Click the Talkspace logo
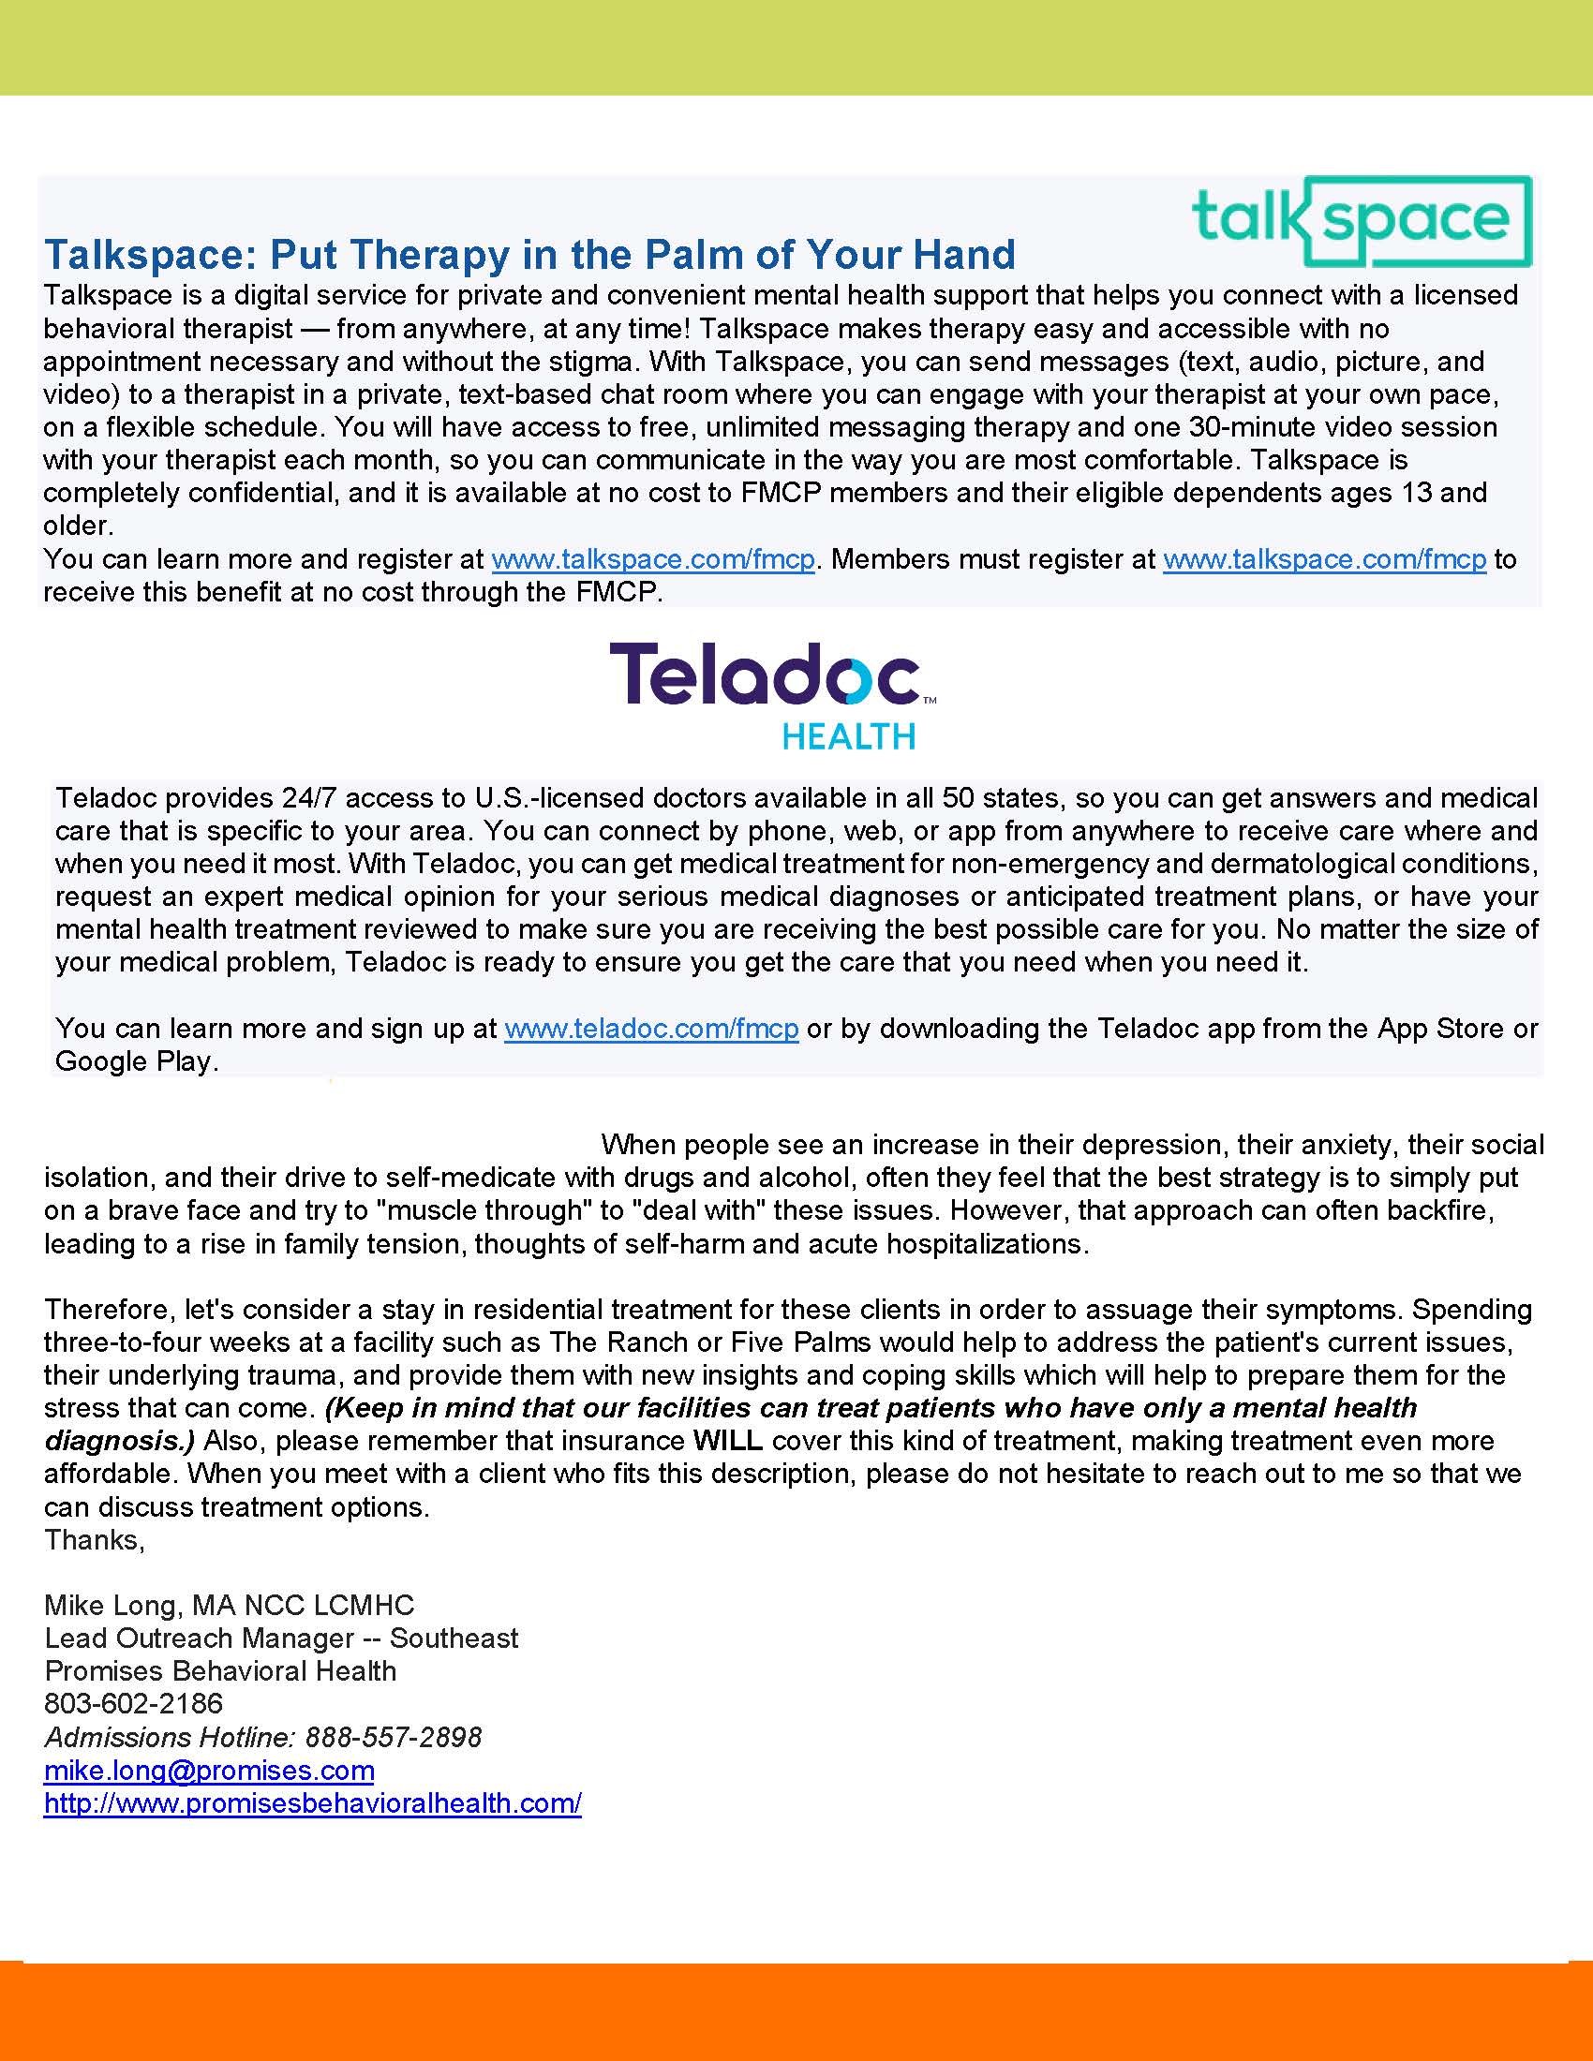(x=1362, y=221)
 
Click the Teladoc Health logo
(x=772, y=695)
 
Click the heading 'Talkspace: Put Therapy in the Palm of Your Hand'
(x=529, y=255)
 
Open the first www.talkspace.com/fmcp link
(x=653, y=559)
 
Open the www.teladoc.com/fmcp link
(x=651, y=1028)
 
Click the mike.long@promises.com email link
(x=209, y=1770)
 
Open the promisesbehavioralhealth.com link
(x=312, y=1802)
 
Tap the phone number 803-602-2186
(x=133, y=1703)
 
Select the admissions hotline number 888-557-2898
(x=394, y=1736)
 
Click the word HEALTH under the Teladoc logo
(x=848, y=736)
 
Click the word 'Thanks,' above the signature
(x=95, y=1540)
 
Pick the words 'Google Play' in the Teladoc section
(x=134, y=1061)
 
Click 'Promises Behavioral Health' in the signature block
(x=220, y=1670)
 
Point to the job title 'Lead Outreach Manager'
(x=199, y=1638)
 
